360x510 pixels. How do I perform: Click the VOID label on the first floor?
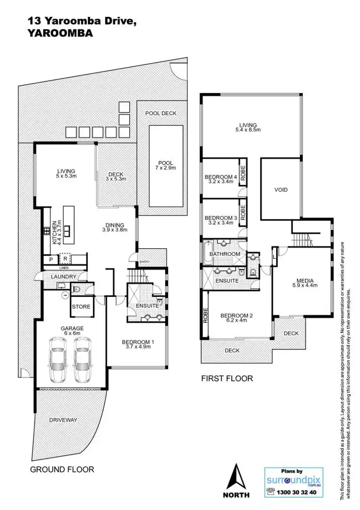(x=281, y=190)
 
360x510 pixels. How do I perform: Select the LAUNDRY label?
(x=63, y=277)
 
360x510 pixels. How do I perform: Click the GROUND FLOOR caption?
(x=62, y=469)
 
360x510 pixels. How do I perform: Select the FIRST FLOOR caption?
(x=227, y=378)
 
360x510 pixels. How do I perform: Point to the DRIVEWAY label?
(x=63, y=419)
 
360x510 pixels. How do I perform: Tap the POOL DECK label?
(x=161, y=113)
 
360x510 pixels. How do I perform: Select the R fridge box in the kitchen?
(x=65, y=259)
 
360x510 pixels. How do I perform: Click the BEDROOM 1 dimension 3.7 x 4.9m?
(x=137, y=347)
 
